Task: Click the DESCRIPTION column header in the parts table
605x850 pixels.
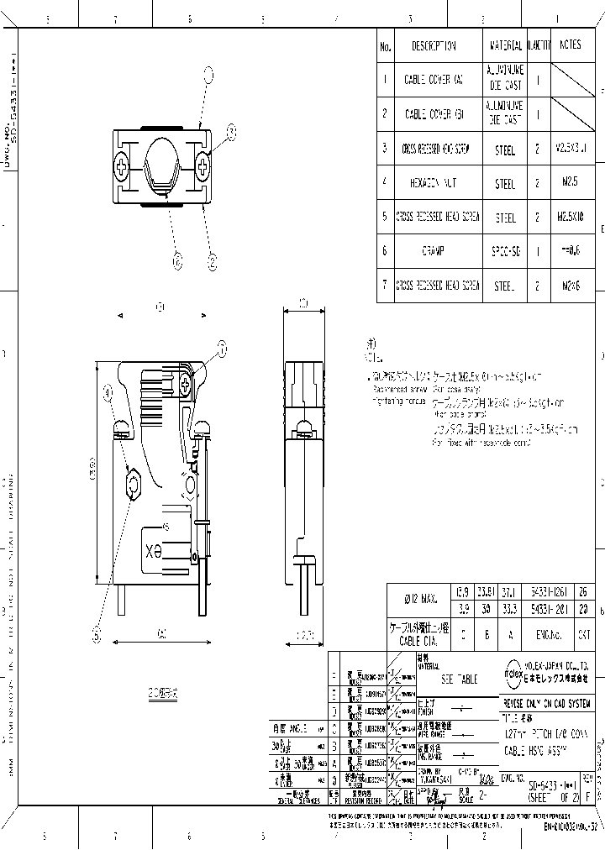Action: point(434,46)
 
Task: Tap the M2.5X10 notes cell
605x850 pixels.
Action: point(571,217)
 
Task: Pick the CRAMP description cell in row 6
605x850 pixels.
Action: point(434,250)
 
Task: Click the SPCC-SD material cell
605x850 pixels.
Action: point(505,250)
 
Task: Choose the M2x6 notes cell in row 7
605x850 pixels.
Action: point(571,286)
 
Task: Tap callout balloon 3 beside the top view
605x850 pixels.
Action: point(232,130)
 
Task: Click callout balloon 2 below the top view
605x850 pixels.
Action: point(212,262)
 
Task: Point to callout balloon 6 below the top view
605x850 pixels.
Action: point(177,262)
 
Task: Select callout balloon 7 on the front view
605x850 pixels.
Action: point(223,346)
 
